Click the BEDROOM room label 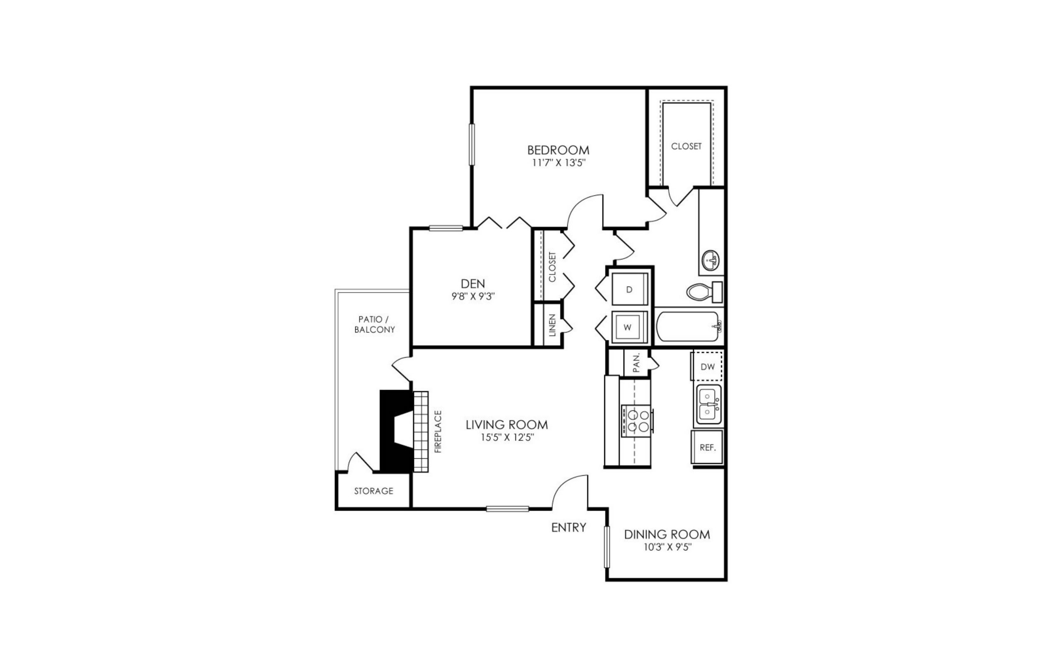[x=558, y=150]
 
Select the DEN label [x=473, y=284]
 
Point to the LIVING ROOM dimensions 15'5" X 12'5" [x=507, y=438]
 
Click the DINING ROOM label [x=667, y=535]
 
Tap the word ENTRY [x=568, y=528]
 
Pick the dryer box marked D [x=629, y=289]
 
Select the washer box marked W [x=628, y=328]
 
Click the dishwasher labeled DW [x=707, y=366]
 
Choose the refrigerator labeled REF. [x=707, y=448]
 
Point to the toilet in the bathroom [x=701, y=292]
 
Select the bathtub [x=687, y=326]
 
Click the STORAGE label [x=373, y=491]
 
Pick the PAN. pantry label [x=636, y=363]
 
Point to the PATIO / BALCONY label [x=374, y=325]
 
